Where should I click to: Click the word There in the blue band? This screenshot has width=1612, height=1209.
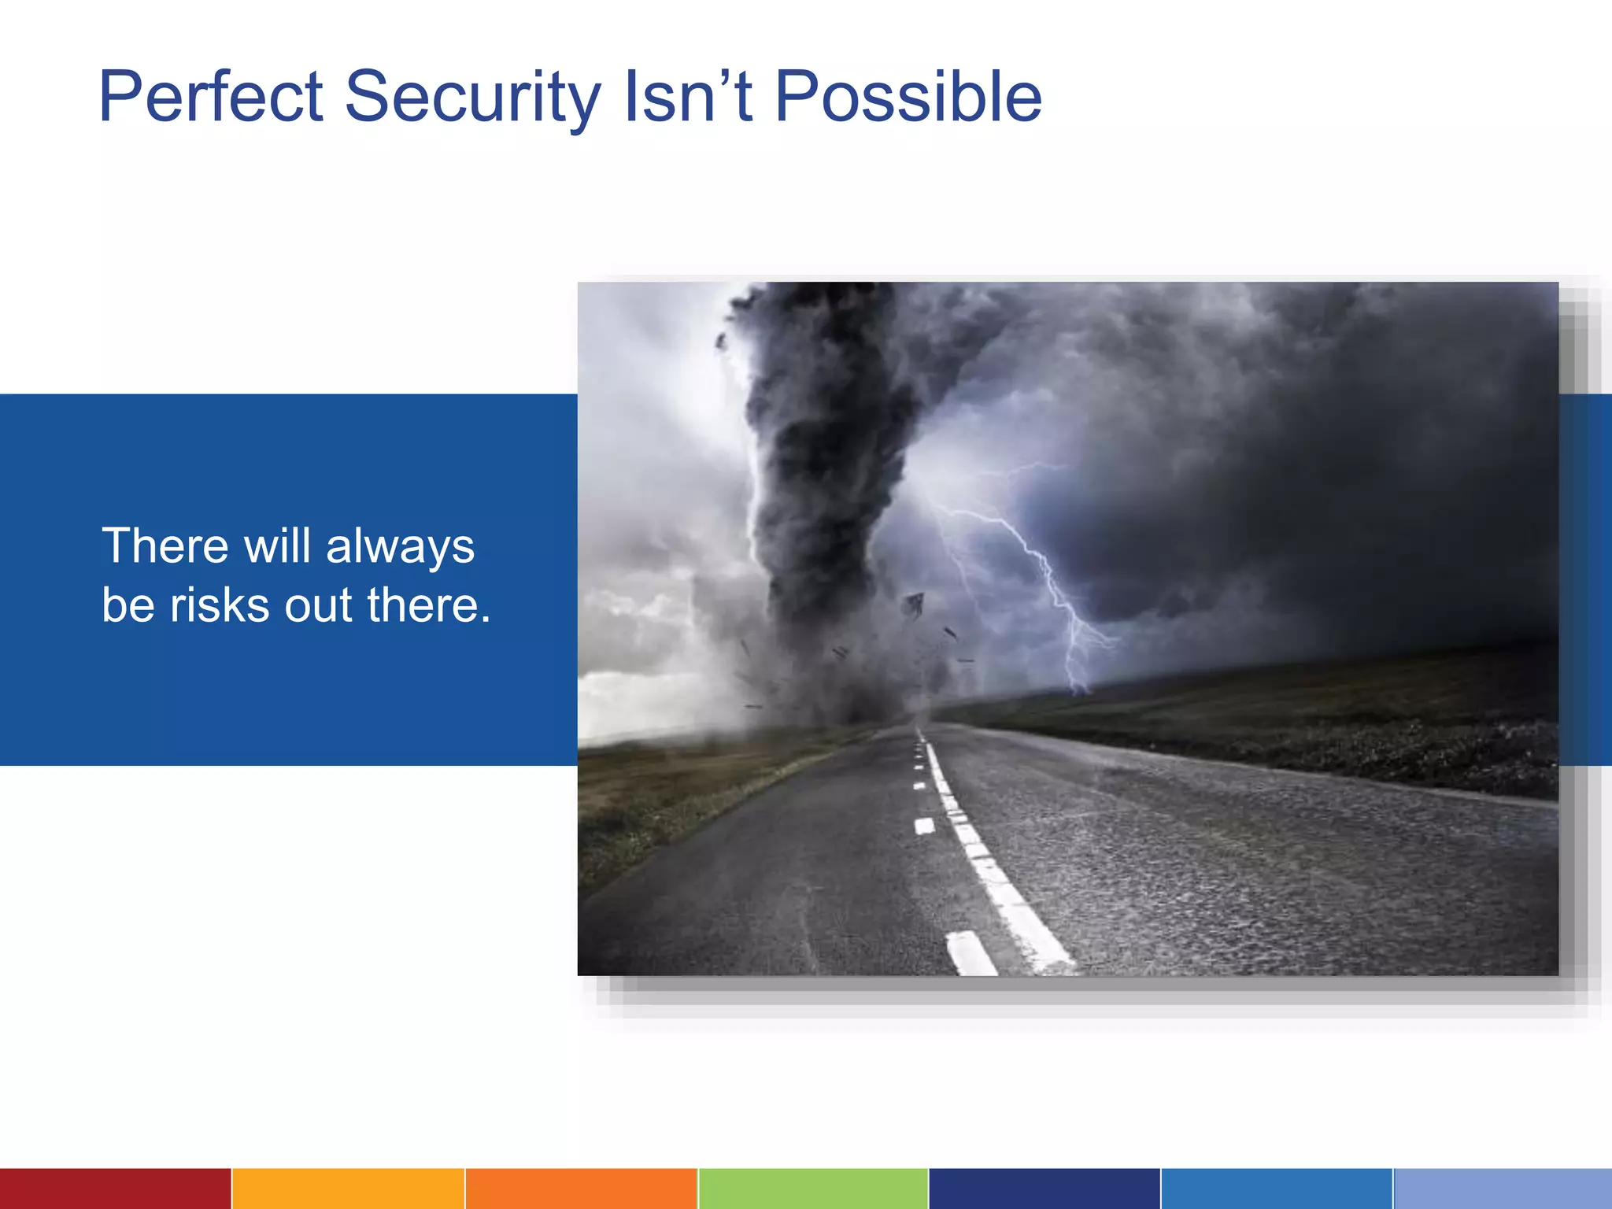click(x=165, y=545)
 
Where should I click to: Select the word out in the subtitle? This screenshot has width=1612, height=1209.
click(x=318, y=605)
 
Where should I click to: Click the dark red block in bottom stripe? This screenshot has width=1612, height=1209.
click(x=115, y=1189)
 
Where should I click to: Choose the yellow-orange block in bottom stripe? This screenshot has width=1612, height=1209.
click(x=348, y=1189)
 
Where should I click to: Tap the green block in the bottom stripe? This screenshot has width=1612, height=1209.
click(x=813, y=1189)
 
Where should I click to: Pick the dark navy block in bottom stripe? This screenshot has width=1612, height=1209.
click(x=1044, y=1189)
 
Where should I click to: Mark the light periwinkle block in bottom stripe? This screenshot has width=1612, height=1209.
click(x=1503, y=1189)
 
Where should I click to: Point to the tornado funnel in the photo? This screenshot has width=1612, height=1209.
click(x=826, y=472)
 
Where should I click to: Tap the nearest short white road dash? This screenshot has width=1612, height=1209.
click(x=971, y=953)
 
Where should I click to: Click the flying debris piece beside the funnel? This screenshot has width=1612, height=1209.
click(x=914, y=604)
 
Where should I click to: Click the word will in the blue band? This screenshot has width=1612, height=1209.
click(x=277, y=545)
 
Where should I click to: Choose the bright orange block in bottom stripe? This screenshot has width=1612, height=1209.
click(x=581, y=1189)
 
